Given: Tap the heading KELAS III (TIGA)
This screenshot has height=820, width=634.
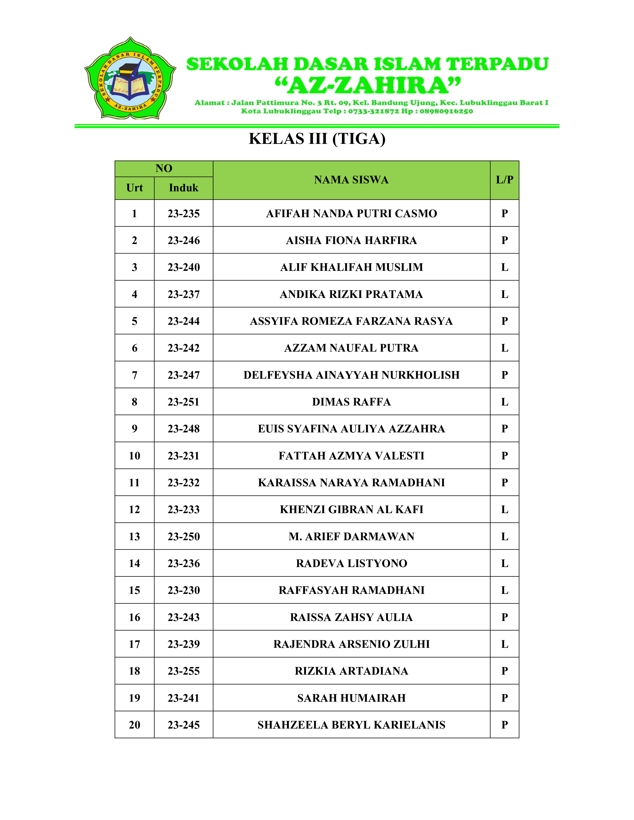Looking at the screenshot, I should pos(317,139).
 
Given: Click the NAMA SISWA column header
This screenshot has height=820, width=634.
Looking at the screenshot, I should pos(351,180).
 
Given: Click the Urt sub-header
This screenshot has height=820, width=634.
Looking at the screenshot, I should pos(135,188).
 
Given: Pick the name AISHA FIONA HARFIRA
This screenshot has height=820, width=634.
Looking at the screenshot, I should pos(351,240).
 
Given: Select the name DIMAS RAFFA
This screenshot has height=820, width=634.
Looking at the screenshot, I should pos(351,402).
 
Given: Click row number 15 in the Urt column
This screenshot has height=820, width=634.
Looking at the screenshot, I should pos(135,590).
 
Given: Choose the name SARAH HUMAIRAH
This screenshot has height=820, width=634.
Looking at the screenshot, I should pos(351,698).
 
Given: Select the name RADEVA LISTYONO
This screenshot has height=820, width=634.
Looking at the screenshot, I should pos(351,563).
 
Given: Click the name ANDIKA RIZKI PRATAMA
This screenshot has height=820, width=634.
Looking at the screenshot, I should pos(351,294).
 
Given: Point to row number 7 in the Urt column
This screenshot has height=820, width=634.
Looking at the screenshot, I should pos(135,375).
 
